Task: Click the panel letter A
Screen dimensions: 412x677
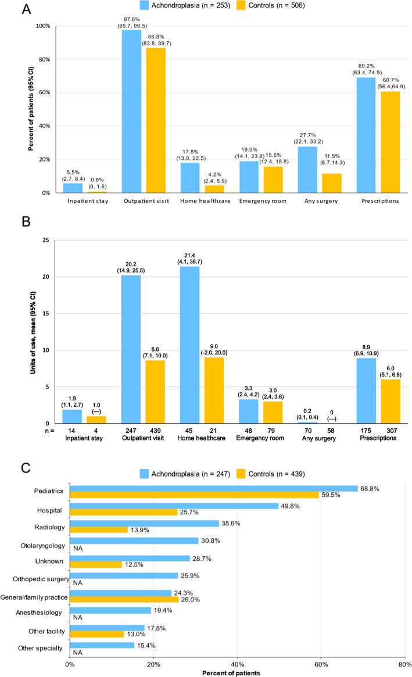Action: coord(26,9)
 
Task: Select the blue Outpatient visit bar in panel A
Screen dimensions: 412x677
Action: coord(131,112)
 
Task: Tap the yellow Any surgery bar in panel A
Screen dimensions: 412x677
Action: coord(332,183)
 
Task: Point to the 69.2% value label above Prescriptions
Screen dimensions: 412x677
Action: coord(366,66)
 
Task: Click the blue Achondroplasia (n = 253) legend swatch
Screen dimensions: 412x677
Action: coord(144,5)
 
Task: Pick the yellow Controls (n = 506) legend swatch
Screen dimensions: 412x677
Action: coord(241,5)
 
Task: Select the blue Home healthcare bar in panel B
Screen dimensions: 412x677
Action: coord(189,345)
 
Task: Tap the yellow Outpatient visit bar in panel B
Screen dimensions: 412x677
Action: coord(155,392)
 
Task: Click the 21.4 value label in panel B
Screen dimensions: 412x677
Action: coord(189,256)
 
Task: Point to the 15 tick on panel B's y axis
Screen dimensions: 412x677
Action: coord(46,313)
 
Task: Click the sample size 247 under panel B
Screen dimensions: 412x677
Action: coord(131,431)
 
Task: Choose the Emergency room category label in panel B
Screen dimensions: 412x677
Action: coord(260,438)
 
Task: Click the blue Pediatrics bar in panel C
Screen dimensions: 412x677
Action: coord(214,488)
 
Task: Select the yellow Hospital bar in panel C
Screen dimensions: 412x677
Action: coord(124,512)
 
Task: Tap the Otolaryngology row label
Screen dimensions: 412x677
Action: coord(43,546)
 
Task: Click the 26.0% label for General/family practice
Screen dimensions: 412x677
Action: coord(191,600)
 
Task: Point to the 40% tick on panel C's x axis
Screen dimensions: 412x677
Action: coord(238,664)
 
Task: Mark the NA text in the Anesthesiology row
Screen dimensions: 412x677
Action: coord(78,617)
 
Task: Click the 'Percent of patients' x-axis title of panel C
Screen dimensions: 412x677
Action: coord(231,673)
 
